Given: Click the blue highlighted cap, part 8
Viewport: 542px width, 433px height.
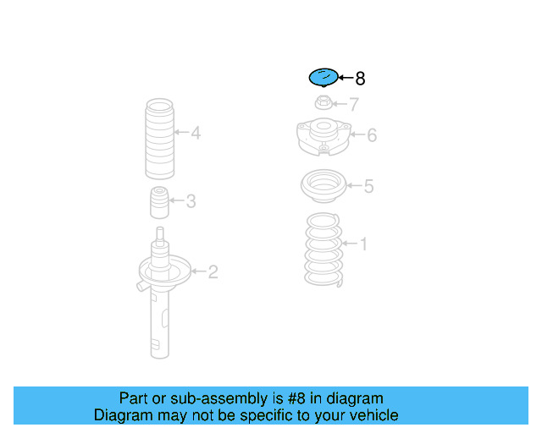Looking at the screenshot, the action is tap(324, 77).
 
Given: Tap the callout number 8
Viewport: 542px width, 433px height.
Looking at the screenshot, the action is tap(360, 79).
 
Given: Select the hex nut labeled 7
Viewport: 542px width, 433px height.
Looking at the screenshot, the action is tap(324, 102).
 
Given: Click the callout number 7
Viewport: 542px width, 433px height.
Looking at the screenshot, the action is tap(354, 104).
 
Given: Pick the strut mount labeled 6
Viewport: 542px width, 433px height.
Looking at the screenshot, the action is tap(324, 137).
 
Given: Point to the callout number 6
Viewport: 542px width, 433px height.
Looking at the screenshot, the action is tap(372, 135).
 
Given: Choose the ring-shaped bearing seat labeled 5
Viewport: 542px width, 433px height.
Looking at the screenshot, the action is tap(324, 186).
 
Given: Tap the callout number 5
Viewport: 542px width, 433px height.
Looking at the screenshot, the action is tap(369, 186).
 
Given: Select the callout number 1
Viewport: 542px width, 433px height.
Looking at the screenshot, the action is tap(363, 244).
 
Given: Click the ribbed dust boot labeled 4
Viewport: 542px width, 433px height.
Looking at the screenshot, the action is tap(159, 139).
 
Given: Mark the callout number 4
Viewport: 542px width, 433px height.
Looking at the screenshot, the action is tap(196, 133).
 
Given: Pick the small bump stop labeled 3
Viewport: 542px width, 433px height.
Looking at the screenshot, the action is tap(159, 203).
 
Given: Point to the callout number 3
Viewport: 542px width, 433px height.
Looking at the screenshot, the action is tap(191, 201).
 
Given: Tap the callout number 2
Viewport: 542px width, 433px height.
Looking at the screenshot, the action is tap(213, 272).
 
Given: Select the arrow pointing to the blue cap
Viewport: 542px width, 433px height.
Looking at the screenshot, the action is tap(346, 78).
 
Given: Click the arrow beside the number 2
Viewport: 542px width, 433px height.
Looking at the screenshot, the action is tap(198, 271).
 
